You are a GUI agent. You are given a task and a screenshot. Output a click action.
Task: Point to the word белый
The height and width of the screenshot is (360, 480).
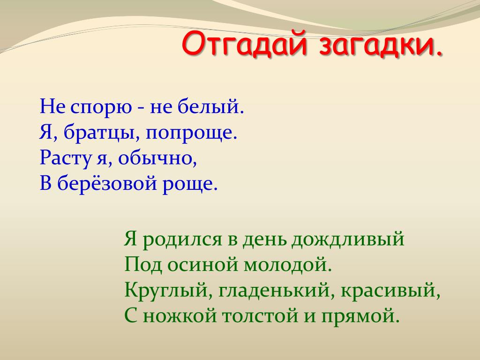tap(211, 107)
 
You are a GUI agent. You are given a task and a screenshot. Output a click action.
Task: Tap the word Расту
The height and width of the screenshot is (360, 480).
tap(66, 159)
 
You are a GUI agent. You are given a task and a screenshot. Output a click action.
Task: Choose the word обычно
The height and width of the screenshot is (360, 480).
tap(157, 158)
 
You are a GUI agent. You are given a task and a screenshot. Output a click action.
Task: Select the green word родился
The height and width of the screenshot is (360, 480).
tap(182, 240)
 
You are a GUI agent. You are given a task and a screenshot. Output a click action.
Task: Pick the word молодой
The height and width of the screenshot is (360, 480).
tap(288, 264)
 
